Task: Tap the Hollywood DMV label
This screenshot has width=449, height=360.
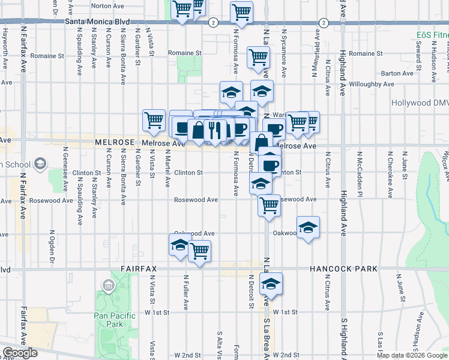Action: pos(420,103)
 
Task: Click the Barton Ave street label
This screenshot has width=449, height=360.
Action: pos(397,73)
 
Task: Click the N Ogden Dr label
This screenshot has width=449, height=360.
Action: pos(52,246)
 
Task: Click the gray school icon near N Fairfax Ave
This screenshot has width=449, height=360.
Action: pos(40,163)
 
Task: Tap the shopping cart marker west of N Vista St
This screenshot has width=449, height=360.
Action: pos(154,120)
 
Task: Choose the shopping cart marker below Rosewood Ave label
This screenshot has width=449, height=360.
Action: pos(269,205)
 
